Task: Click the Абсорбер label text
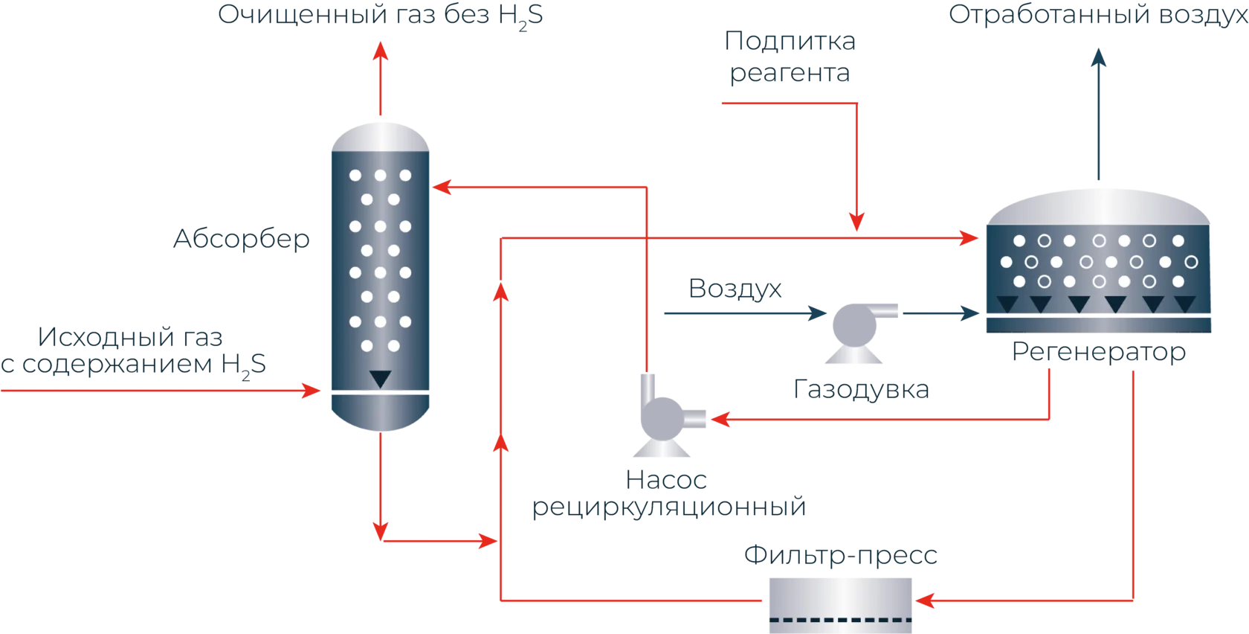pos(239,240)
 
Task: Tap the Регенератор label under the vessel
pos(1099,353)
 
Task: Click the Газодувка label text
pos(861,388)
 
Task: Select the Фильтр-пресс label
pos(840,555)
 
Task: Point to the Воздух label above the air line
pos(736,286)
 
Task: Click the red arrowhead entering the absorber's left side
pos(311,390)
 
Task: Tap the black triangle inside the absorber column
pos(380,378)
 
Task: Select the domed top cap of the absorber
pos(380,136)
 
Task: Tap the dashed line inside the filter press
pos(841,620)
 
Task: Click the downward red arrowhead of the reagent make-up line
pos(857,221)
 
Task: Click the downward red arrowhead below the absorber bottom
pos(381,531)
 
